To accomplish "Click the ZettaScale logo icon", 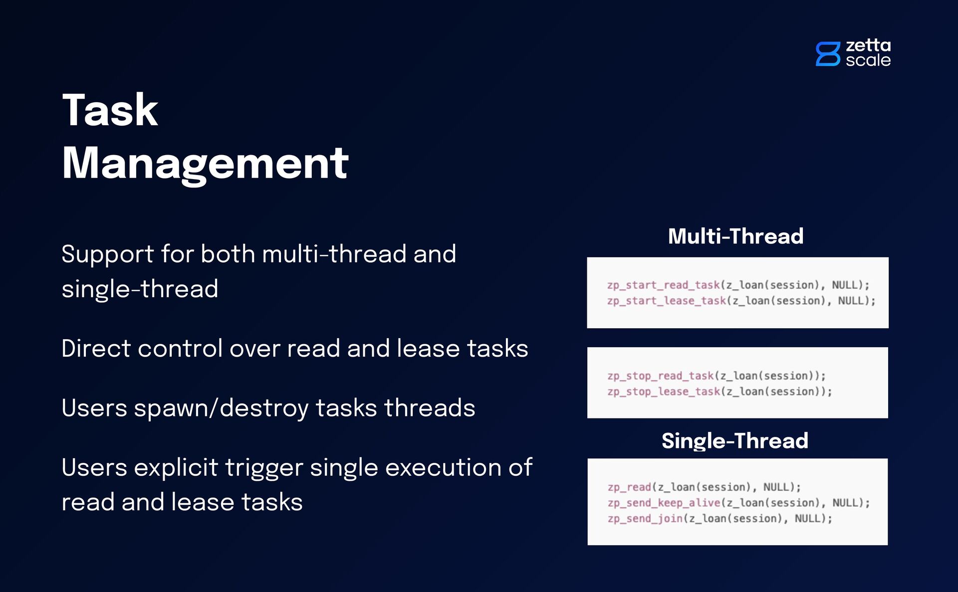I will [828, 54].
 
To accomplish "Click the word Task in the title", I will [110, 110].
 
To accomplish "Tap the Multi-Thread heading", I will [735, 236].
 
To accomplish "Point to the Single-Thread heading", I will [734, 441].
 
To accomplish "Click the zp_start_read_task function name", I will [664, 285].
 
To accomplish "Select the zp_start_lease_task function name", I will [667, 301].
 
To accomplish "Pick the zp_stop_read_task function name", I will [661, 376].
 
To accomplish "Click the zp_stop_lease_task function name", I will [664, 392].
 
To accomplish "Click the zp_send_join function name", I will [645, 519].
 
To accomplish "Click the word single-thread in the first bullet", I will [140, 289].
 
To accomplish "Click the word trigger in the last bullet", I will [264, 468].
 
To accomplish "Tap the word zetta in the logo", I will [868, 45].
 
